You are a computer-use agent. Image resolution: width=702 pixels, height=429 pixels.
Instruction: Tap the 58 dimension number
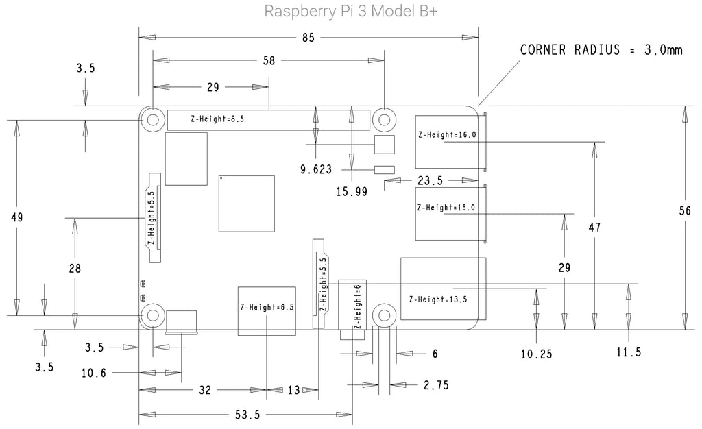click(x=269, y=60)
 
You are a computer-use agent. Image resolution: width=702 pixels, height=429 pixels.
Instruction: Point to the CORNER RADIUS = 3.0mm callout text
click(x=601, y=50)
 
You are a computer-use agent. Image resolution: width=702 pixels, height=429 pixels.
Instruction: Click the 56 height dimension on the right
click(x=684, y=212)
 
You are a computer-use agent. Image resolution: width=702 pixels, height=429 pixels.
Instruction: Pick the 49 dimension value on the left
click(x=17, y=218)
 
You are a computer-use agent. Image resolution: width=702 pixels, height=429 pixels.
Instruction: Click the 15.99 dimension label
click(x=352, y=193)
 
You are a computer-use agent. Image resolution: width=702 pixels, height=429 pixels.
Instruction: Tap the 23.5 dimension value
click(x=429, y=180)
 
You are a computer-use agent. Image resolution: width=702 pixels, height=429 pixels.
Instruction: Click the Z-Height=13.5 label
click(x=437, y=299)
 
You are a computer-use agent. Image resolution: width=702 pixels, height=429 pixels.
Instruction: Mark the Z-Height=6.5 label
click(x=267, y=308)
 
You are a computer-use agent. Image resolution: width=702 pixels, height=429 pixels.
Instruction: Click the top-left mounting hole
click(x=152, y=119)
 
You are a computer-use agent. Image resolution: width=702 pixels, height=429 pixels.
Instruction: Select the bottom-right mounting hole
click(x=384, y=315)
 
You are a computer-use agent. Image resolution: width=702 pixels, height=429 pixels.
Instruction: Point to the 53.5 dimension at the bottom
click(x=247, y=415)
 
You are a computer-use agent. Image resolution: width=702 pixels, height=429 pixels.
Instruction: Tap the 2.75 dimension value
click(x=436, y=385)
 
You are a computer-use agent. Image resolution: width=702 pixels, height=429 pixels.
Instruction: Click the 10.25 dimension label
click(x=536, y=354)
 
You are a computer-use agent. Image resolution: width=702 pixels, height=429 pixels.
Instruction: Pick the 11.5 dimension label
click(x=628, y=352)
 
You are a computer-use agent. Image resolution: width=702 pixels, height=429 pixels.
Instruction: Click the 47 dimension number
click(x=594, y=228)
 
